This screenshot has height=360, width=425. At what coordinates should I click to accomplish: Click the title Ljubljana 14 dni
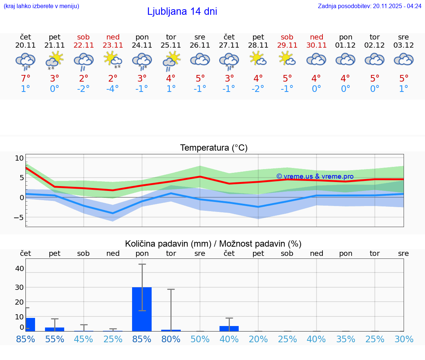click(x=182, y=11)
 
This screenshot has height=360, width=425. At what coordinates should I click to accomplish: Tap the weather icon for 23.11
click(x=113, y=60)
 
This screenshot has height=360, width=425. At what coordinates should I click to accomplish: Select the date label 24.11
click(x=142, y=45)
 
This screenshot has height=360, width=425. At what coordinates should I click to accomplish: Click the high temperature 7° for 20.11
click(x=25, y=79)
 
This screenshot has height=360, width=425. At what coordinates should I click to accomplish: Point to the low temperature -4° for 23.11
click(x=113, y=89)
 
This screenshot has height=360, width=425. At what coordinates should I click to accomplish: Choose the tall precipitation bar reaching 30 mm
click(x=142, y=309)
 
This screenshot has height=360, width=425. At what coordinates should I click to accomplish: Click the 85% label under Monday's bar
click(x=142, y=339)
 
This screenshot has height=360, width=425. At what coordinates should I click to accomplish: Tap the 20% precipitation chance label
click(x=258, y=339)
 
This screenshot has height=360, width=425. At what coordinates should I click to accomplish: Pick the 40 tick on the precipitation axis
click(x=20, y=268)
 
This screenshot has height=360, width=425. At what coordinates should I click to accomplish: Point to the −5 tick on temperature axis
click(x=19, y=217)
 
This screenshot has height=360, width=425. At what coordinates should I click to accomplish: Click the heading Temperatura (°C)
click(x=214, y=148)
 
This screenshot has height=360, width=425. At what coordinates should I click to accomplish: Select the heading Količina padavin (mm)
click(x=213, y=244)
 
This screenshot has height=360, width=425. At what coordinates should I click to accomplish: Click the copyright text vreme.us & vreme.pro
click(x=315, y=176)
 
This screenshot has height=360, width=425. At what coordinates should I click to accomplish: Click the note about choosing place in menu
click(x=41, y=6)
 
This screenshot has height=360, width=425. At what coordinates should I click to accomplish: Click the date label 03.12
click(x=404, y=45)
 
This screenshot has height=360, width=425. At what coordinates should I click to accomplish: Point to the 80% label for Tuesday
click(x=171, y=339)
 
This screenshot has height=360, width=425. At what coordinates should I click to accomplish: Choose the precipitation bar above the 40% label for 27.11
click(x=229, y=328)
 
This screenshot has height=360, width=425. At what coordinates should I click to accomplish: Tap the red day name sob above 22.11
click(x=83, y=37)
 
